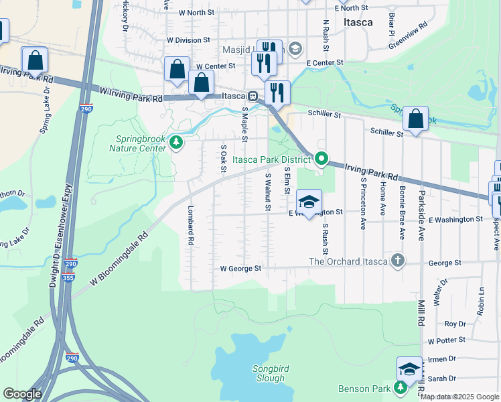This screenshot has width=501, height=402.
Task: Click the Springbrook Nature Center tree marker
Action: point(176,142)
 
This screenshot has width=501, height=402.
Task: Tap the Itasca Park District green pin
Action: point(321,159)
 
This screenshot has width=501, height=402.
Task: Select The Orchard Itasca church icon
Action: point(398,261)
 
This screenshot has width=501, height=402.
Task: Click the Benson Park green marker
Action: point(401,388)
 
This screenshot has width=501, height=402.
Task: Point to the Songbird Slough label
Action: point(271,373)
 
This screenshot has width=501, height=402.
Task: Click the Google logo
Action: point(22,394)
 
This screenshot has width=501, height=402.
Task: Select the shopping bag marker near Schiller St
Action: point(415,119)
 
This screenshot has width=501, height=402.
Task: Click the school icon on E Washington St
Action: point(309,202)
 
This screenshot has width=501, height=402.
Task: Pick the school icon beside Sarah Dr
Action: point(409,368)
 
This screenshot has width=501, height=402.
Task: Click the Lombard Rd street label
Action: point(191,224)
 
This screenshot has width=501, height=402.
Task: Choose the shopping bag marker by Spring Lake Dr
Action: point(35,60)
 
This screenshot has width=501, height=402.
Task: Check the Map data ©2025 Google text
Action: point(459,397)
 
